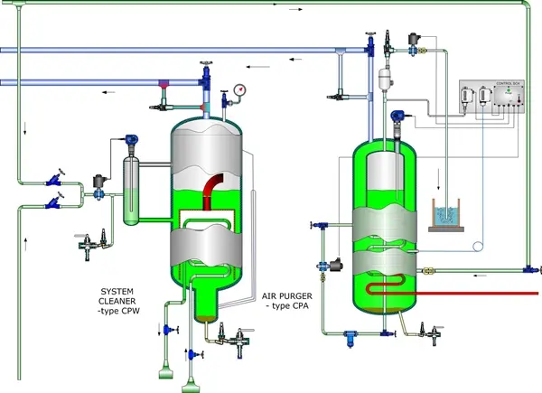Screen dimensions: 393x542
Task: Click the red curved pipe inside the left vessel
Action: (x=218, y=191)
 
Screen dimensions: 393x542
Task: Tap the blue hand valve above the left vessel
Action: (x=207, y=69)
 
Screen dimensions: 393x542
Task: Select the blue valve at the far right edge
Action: (x=528, y=268)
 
